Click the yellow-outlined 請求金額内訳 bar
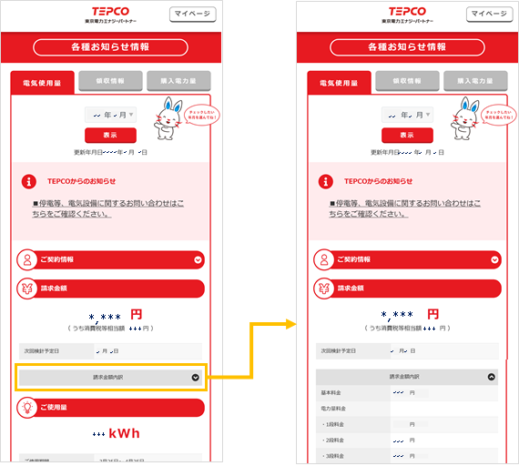click(110, 377)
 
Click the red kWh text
click(123, 433)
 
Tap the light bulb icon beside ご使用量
click(27, 406)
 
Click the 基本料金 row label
click(331, 392)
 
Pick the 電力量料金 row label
click(332, 409)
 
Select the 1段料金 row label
click(331, 424)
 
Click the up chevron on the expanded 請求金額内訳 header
click(492, 376)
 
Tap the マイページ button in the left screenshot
click(192, 14)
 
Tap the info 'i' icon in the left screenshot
click(30, 181)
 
